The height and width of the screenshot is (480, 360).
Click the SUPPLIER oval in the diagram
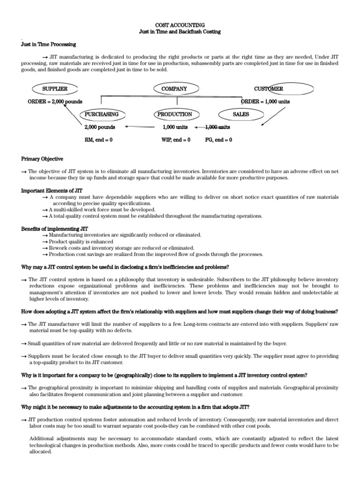[x=55, y=89]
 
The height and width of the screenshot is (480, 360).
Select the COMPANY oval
[x=174, y=89]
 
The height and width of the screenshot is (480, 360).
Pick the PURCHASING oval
[x=102, y=114]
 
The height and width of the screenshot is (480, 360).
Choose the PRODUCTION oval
[x=174, y=114]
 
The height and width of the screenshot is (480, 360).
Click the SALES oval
[x=241, y=114]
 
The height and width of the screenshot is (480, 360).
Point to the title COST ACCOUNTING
[x=180, y=24]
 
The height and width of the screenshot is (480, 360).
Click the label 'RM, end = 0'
[x=98, y=140]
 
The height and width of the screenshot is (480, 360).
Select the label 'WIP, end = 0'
[x=176, y=140]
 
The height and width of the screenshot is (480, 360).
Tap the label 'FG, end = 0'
[x=218, y=140]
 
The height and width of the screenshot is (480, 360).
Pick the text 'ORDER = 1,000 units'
[x=265, y=102]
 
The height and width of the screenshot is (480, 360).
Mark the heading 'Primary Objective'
[x=42, y=159]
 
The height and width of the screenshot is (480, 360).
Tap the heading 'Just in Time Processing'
[x=49, y=44]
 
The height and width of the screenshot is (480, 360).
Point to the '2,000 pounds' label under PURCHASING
[x=99, y=127]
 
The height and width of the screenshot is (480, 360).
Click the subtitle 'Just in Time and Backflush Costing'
[x=180, y=31]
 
